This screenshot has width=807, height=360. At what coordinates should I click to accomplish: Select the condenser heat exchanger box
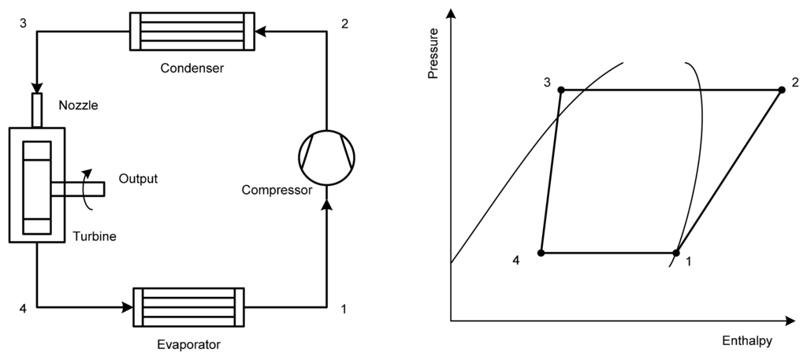[x=192, y=32]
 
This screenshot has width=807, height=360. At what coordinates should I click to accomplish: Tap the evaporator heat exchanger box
[x=189, y=308]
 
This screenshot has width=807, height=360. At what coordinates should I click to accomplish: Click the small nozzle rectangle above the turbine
[x=37, y=109]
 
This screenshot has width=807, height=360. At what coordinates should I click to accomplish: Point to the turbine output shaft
[x=79, y=188]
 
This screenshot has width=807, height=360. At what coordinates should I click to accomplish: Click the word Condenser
[x=192, y=68]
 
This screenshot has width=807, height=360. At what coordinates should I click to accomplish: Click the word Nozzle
[x=79, y=103]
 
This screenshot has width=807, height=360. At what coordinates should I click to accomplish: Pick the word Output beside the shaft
[x=138, y=179]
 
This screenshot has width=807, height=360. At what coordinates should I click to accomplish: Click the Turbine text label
[x=95, y=236]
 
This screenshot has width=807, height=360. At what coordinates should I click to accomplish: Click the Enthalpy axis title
[x=746, y=342]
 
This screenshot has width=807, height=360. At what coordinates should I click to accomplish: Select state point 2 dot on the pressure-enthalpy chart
[x=782, y=90]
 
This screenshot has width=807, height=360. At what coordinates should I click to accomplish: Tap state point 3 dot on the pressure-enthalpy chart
[x=560, y=90]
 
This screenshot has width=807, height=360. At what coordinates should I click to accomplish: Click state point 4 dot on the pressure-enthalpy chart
[x=541, y=253]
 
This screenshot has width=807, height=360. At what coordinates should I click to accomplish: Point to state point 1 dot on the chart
[x=676, y=253]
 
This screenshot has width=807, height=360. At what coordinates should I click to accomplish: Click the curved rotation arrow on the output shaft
[x=87, y=189]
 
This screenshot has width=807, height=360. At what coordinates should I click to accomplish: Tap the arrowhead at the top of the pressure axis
[x=451, y=13]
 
